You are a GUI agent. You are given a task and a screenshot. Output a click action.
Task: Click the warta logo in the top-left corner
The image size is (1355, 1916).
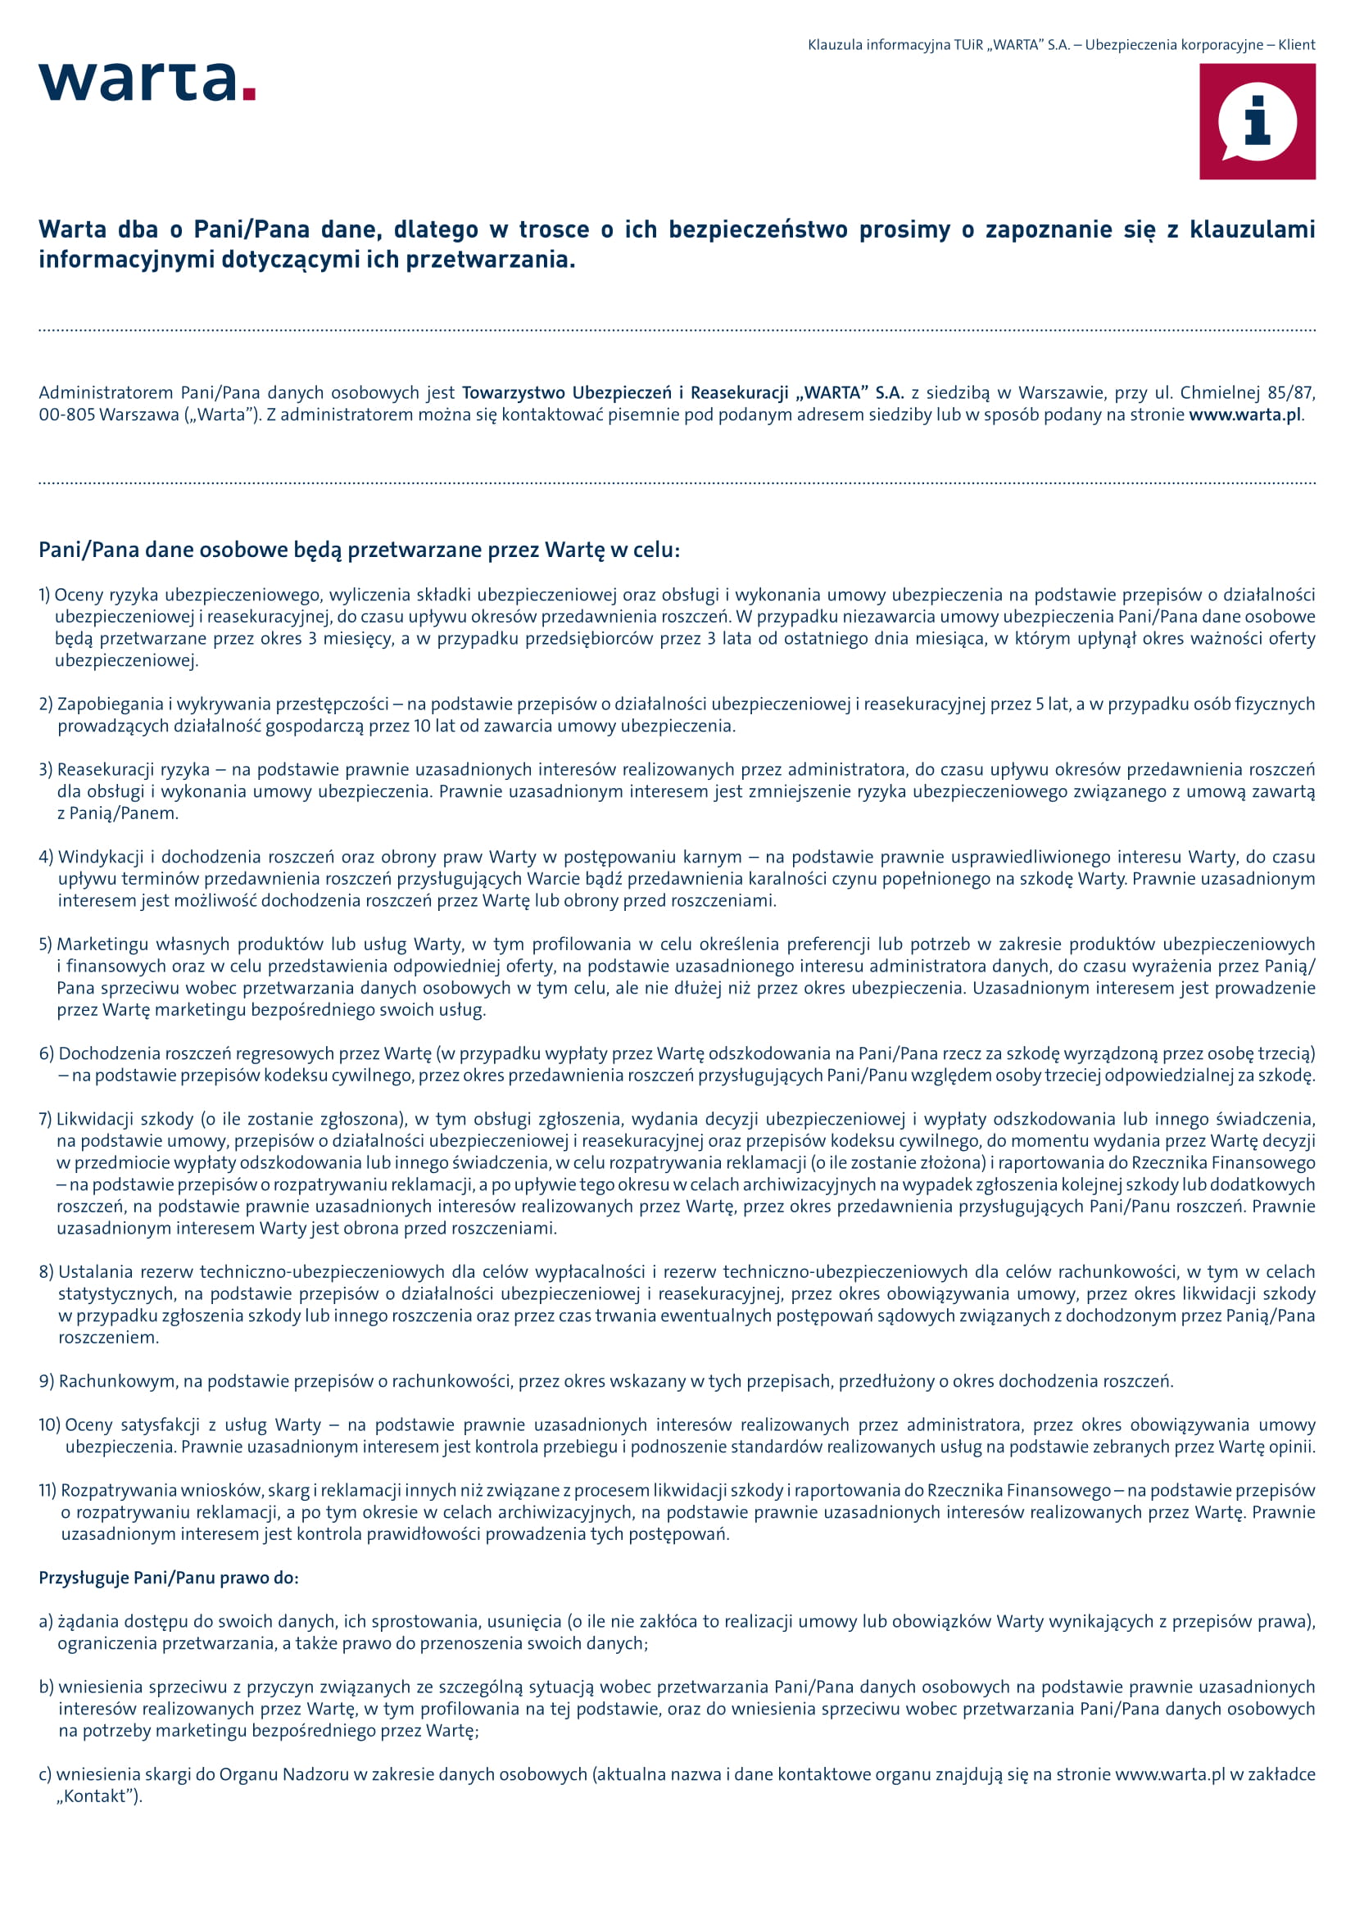(x=138, y=82)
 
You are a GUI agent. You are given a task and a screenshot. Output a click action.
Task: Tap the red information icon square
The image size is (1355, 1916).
(x=1257, y=122)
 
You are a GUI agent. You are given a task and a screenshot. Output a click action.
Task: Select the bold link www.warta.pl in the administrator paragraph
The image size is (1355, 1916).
(x=1244, y=414)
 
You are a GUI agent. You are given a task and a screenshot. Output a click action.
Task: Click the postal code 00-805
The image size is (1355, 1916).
(x=66, y=414)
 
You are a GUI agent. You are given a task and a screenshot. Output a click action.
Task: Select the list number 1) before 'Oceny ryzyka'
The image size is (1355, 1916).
(x=45, y=595)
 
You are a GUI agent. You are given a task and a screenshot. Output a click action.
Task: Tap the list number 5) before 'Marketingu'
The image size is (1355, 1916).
(x=46, y=944)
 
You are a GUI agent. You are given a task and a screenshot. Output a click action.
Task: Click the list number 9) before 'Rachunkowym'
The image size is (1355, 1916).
(x=47, y=1381)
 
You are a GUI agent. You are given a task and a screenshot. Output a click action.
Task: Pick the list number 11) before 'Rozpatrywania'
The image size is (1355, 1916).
(x=48, y=1490)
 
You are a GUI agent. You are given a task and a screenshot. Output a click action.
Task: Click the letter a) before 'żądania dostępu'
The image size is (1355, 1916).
(x=46, y=1622)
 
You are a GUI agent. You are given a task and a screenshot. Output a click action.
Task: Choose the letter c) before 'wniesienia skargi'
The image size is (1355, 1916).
(x=45, y=1775)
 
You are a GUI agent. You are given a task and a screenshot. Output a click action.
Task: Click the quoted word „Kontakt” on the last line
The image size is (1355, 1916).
(x=98, y=1796)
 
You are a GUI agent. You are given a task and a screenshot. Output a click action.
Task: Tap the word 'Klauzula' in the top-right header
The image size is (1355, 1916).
(x=834, y=45)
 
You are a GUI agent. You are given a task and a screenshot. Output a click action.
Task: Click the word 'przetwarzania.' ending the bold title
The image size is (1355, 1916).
(x=491, y=260)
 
